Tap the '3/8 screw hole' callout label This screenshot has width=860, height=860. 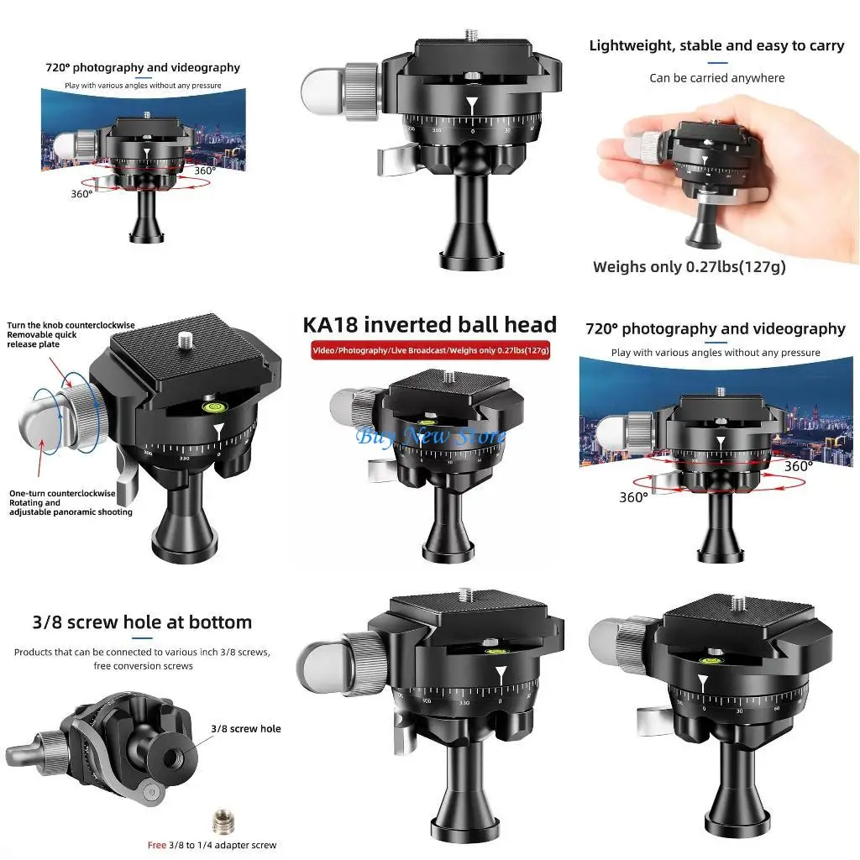[x=246, y=728]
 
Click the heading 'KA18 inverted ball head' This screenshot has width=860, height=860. [x=429, y=324]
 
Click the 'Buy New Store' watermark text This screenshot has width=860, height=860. [x=431, y=436]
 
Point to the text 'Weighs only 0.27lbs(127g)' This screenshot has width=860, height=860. [x=689, y=267]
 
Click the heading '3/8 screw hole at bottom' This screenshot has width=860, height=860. [x=142, y=622]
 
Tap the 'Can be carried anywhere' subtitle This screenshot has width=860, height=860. [x=716, y=78]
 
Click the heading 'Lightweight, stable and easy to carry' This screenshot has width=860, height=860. [x=716, y=45]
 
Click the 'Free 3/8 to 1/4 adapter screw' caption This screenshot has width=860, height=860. [x=212, y=845]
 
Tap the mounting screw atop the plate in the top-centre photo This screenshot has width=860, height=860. [x=470, y=34]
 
